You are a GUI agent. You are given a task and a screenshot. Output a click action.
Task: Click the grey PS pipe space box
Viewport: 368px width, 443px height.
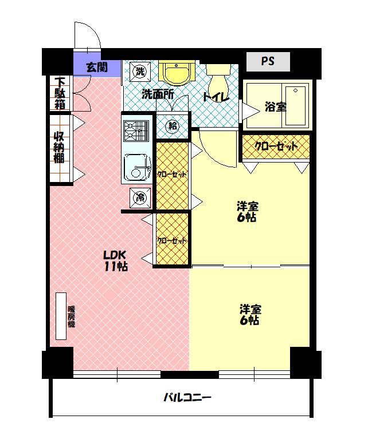coord(268,62)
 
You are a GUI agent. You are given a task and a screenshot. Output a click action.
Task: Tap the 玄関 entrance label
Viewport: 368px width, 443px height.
coord(97,67)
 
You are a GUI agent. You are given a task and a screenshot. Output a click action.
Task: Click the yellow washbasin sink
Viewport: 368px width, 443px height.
coord(176,73)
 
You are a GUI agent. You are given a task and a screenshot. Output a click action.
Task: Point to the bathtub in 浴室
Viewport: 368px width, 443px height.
coord(296,106)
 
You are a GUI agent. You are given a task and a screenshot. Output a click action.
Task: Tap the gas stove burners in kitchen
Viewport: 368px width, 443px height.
coord(136,131)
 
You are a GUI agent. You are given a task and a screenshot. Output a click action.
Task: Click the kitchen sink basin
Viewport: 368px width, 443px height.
coord(137,167)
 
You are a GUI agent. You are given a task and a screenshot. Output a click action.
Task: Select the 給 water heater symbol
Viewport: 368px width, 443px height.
coord(173,126)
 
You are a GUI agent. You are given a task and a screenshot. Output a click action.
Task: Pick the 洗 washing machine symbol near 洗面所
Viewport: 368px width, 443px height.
coord(140,72)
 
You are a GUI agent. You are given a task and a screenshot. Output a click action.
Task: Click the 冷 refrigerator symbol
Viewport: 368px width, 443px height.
coord(140,197)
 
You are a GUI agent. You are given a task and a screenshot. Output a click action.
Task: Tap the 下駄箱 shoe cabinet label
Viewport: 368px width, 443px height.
coord(60,93)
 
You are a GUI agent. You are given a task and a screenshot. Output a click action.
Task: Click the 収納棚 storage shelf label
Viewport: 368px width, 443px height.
coord(59,147)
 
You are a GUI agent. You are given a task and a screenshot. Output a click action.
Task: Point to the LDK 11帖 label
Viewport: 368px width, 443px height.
coord(116,261)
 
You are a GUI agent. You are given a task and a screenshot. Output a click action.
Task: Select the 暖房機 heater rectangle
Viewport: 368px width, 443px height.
coord(61,316)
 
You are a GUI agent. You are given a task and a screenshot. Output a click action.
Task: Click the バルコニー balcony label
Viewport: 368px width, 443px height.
coord(188,398)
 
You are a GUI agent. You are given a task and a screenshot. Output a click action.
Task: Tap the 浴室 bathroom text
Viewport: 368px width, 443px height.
coord(276,107)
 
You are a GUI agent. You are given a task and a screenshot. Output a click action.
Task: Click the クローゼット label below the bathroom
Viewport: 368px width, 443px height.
coord(276,146)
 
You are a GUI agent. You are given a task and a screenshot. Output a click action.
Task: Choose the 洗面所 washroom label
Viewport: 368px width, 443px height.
coord(158,94)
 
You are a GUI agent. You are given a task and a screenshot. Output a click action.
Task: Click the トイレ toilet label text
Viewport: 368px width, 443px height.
coord(216,97)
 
